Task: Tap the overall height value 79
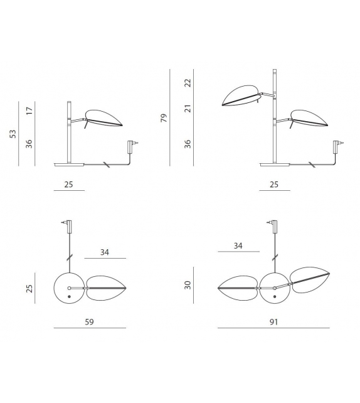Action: point(164,117)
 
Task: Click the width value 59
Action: point(90,321)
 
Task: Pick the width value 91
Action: point(273,321)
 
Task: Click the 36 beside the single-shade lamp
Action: point(29,144)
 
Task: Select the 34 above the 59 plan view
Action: point(105,252)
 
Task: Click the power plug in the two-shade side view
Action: point(337,146)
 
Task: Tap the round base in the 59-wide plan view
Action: point(69,288)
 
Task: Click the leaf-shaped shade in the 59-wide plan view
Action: point(108,288)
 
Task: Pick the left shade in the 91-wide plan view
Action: point(238,288)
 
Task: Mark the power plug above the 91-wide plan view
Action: point(275,223)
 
